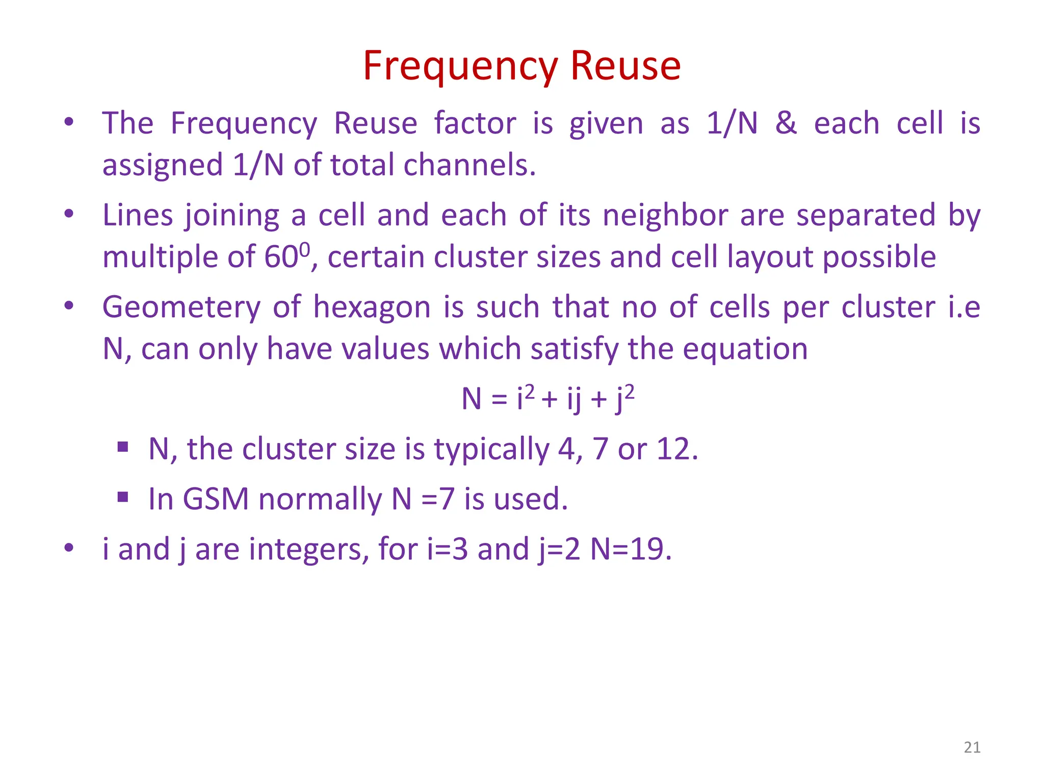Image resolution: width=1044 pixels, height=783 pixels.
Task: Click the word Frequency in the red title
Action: [461, 66]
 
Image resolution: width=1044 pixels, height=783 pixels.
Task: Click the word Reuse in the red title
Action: [625, 66]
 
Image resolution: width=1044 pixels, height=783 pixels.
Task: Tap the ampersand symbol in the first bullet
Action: [786, 123]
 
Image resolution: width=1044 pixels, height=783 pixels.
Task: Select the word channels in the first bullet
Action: [469, 165]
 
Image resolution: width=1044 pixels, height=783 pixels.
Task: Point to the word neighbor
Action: [665, 215]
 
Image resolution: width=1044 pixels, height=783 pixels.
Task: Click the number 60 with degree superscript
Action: [286, 256]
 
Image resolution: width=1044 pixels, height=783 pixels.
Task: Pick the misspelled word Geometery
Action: [181, 307]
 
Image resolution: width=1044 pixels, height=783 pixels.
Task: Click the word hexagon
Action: [373, 307]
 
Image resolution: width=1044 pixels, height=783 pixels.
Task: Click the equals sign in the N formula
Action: [499, 399]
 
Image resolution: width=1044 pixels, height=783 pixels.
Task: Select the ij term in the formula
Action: [573, 399]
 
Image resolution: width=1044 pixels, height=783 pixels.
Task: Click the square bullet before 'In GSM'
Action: [122, 497]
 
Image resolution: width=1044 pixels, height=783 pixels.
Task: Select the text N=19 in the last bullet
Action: [630, 550]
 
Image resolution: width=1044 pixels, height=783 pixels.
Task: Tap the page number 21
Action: [972, 747]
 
